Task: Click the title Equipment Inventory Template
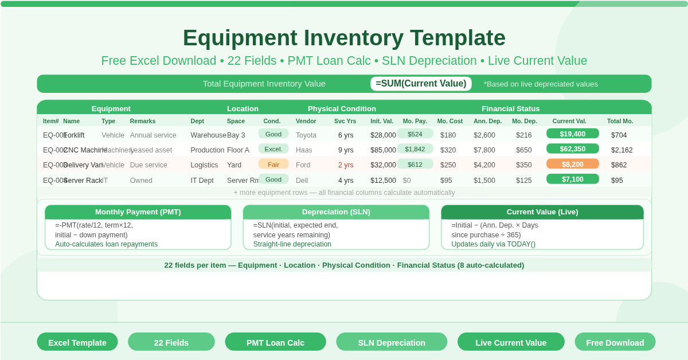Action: point(344,38)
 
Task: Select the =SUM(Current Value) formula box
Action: point(421,84)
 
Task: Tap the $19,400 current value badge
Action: point(572,134)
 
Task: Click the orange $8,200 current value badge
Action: point(572,164)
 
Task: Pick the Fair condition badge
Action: point(273,164)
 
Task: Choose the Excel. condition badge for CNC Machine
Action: point(273,149)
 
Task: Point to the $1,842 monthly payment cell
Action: point(415,149)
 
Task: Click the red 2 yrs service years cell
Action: point(346,165)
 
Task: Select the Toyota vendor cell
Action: point(306,135)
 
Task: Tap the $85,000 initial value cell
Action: point(383,150)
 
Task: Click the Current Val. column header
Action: point(569,121)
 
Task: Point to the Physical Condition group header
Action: point(342,108)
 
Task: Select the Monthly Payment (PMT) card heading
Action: point(138,212)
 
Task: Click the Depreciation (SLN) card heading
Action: point(336,212)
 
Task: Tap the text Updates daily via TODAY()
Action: point(493,244)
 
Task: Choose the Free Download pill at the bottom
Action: point(615,342)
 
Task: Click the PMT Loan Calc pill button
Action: point(275,342)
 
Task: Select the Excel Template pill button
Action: point(77,342)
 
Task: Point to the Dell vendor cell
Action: point(302,181)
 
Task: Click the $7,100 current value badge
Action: point(572,179)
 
